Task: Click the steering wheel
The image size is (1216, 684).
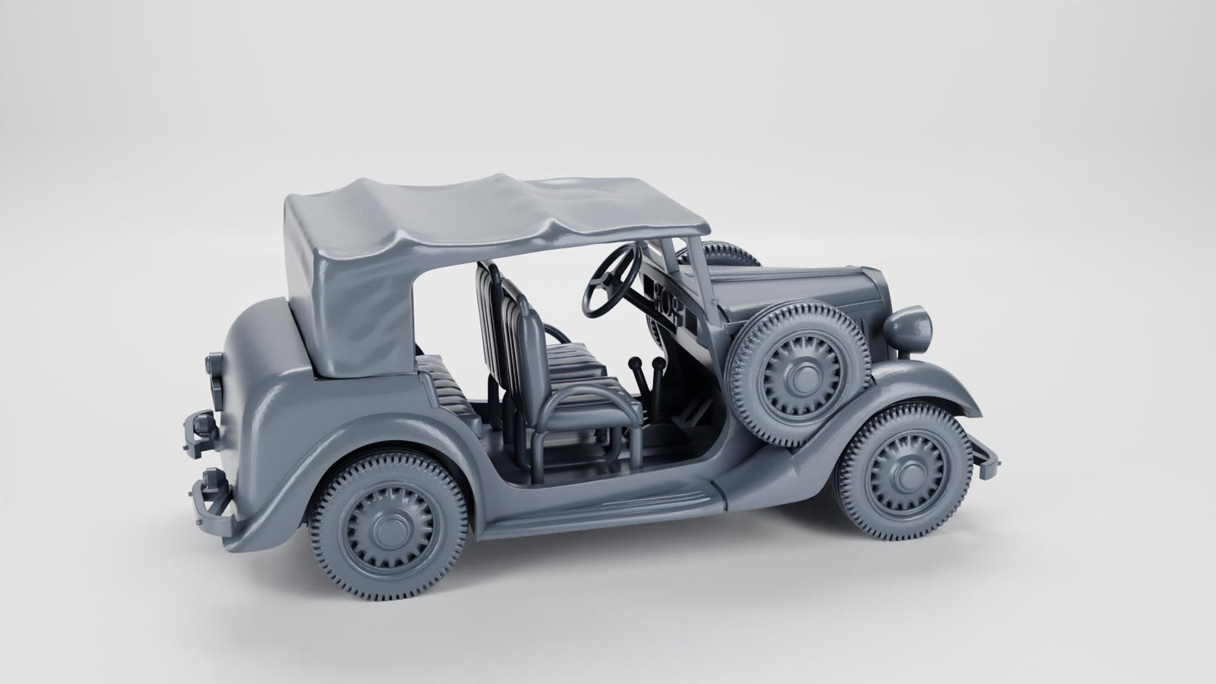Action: point(608,279)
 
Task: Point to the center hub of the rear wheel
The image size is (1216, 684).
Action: point(389,528)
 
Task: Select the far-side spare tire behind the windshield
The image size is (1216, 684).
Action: point(727,252)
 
